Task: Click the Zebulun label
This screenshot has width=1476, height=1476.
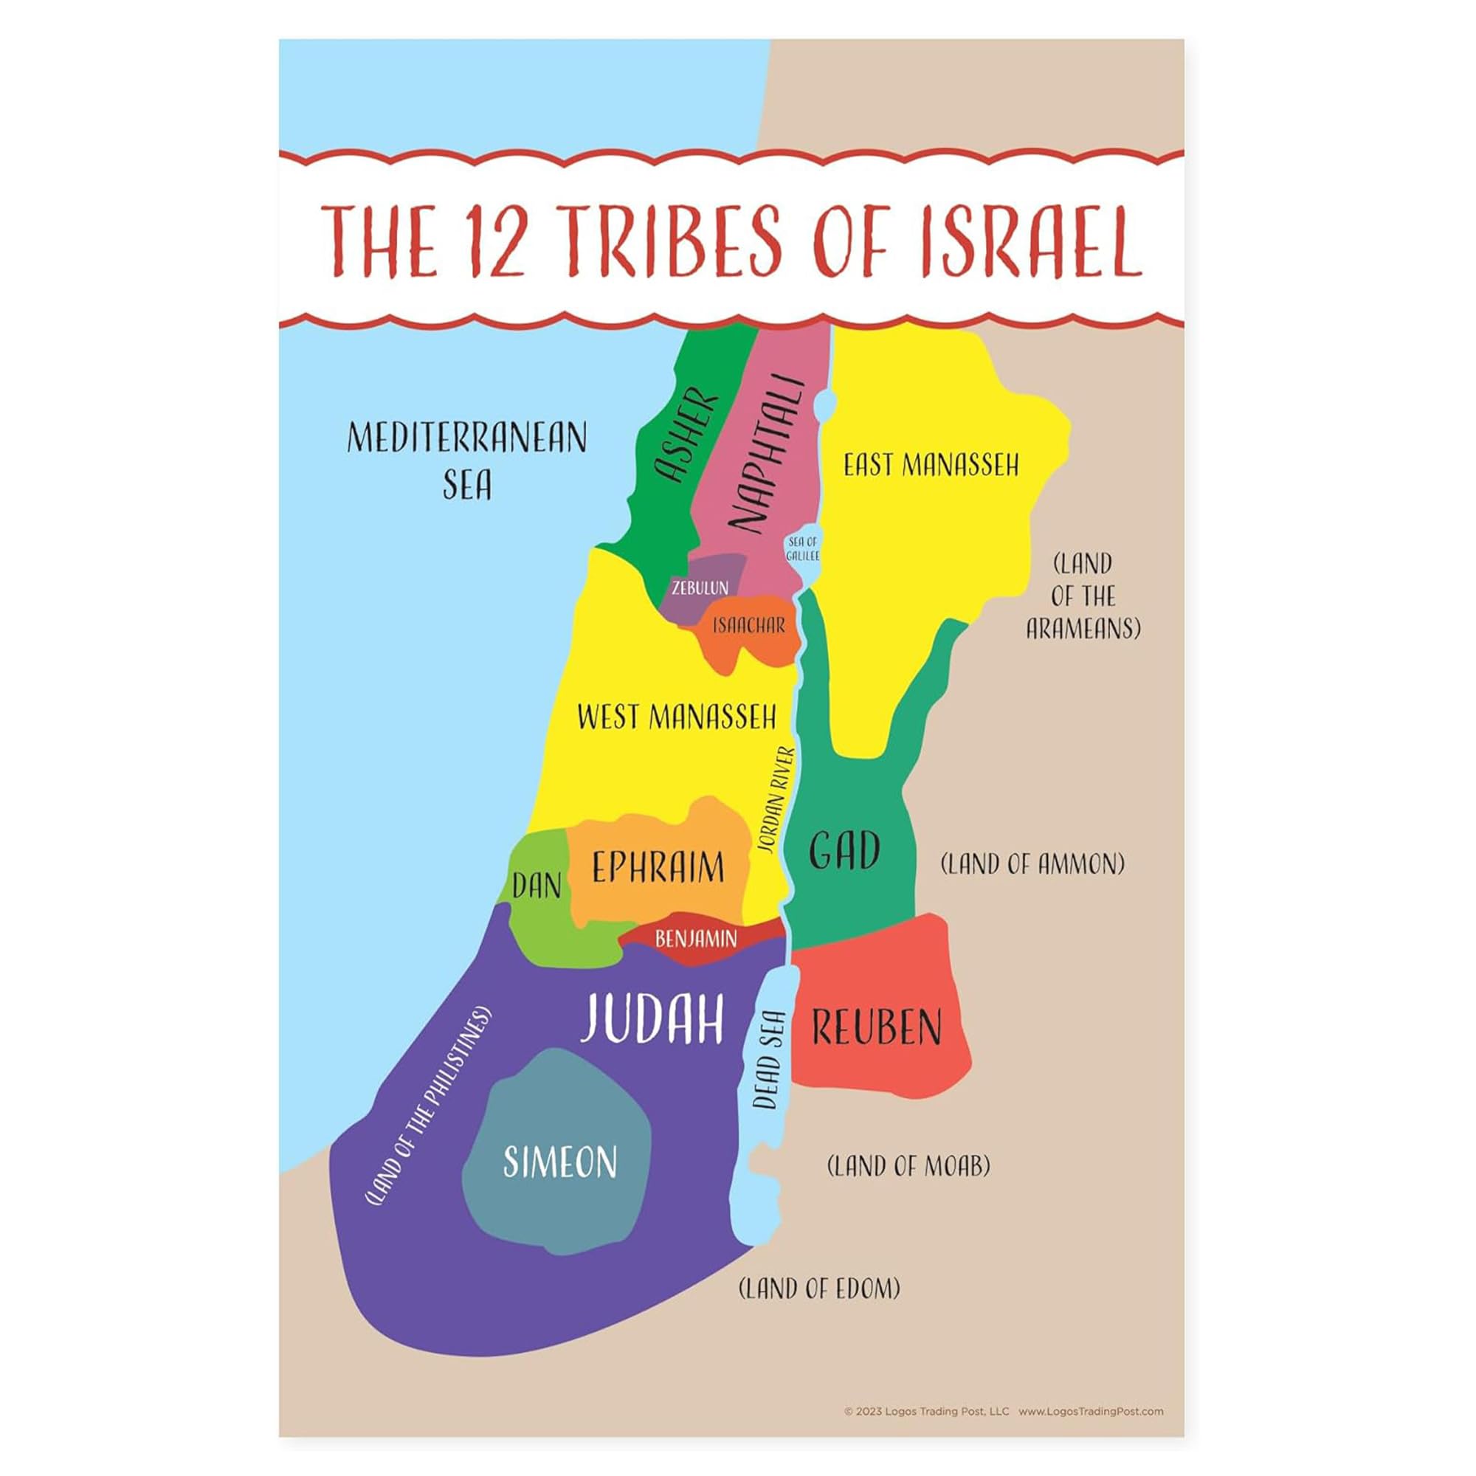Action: pyautogui.click(x=700, y=587)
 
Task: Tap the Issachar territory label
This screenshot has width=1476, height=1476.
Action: pyautogui.click(x=748, y=626)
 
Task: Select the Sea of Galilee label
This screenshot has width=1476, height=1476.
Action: pyautogui.click(x=802, y=548)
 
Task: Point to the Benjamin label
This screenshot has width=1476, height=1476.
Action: pyautogui.click(x=696, y=939)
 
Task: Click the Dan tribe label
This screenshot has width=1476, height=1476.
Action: pyautogui.click(x=537, y=886)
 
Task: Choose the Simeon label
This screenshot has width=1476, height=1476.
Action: pyautogui.click(x=560, y=1162)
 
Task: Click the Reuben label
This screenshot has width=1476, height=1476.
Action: pyautogui.click(x=876, y=1027)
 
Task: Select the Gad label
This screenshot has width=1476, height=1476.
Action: pyautogui.click(x=844, y=852)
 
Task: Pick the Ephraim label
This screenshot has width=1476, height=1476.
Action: pyautogui.click(x=658, y=868)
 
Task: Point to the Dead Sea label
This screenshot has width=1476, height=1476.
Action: pyautogui.click(x=768, y=1060)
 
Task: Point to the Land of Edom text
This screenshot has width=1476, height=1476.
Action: pyautogui.click(x=819, y=1289)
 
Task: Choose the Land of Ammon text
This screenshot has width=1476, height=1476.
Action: pyautogui.click(x=1032, y=864)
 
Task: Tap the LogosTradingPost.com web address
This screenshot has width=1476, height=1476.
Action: pyautogui.click(x=1090, y=1411)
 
